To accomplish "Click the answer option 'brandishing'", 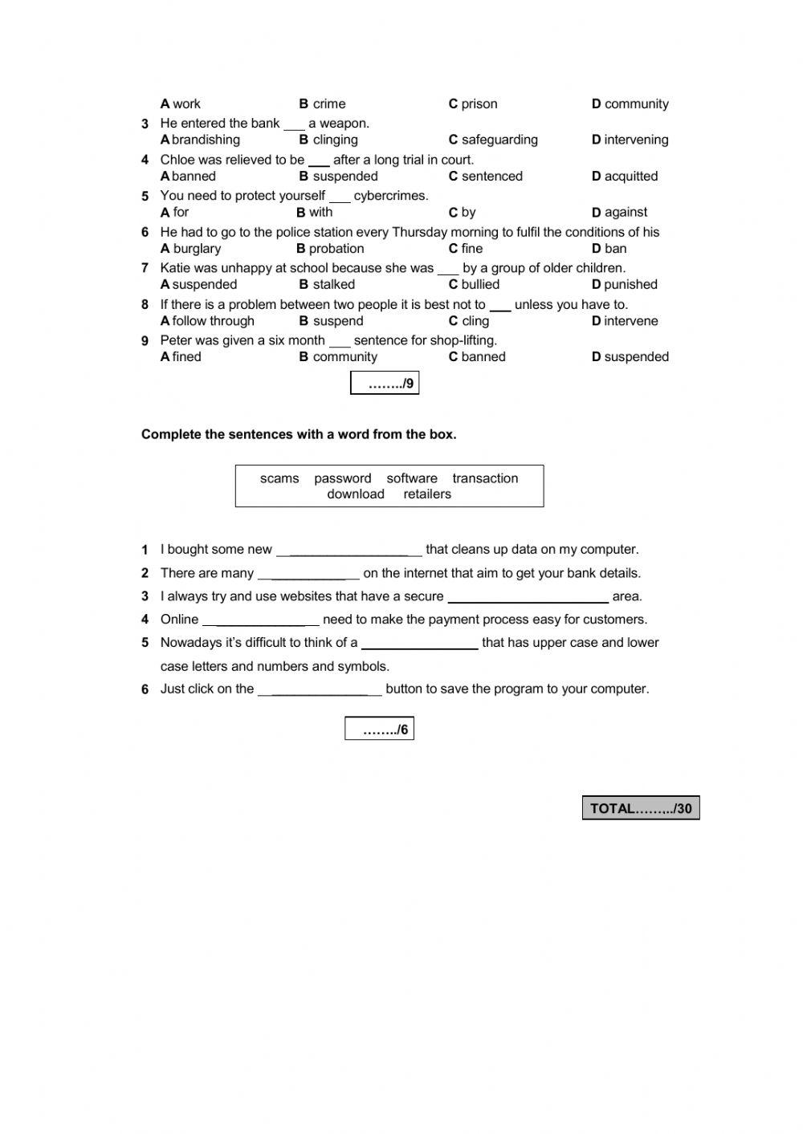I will [206, 140].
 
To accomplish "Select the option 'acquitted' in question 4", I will [630, 177].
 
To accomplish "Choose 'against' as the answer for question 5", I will [626, 213].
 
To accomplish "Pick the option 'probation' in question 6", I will [336, 249].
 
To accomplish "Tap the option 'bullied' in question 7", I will [480, 285].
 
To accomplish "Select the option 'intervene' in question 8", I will [630, 321].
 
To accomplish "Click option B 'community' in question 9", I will [344, 357].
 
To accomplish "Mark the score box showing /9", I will [385, 384].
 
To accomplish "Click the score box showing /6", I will [379, 729].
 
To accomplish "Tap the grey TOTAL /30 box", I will [641, 808].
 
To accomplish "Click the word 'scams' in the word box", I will [279, 478].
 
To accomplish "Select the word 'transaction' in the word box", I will [485, 478].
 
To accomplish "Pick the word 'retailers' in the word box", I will [427, 494].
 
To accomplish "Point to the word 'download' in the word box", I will [356, 494].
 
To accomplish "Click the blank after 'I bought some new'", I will [349, 551].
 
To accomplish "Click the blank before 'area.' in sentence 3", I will [528, 597].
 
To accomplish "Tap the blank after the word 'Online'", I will [261, 620].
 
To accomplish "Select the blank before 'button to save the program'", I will [320, 689].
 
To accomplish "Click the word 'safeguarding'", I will [499, 140].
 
